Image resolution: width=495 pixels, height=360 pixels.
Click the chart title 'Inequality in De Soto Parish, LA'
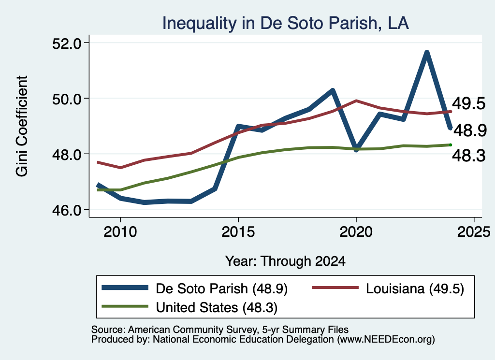(x=285, y=23)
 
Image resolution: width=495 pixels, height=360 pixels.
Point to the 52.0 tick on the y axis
(x=66, y=43)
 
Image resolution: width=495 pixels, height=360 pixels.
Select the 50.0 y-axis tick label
(x=66, y=99)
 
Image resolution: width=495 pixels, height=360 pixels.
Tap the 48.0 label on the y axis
(x=66, y=154)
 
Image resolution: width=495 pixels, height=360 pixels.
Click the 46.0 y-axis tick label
(x=66, y=210)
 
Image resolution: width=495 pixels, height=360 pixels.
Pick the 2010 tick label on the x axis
(x=120, y=232)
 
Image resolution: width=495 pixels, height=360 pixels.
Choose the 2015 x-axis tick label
(x=238, y=232)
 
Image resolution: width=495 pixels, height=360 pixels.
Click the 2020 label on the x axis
(x=356, y=232)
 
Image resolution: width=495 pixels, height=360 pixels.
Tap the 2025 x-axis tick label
(x=474, y=232)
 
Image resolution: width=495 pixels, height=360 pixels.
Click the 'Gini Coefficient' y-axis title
(x=22, y=126)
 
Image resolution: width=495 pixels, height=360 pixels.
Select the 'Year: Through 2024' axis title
(x=285, y=261)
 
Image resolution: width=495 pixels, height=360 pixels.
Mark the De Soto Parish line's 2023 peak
(x=427, y=52)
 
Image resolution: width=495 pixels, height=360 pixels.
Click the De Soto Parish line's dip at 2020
(x=356, y=149)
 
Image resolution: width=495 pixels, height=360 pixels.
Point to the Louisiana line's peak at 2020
(x=356, y=101)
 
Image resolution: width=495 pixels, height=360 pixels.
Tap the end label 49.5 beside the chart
(x=469, y=103)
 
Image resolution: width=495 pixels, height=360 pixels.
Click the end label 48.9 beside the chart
(x=470, y=130)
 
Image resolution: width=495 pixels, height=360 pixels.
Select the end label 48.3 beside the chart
(x=469, y=156)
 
